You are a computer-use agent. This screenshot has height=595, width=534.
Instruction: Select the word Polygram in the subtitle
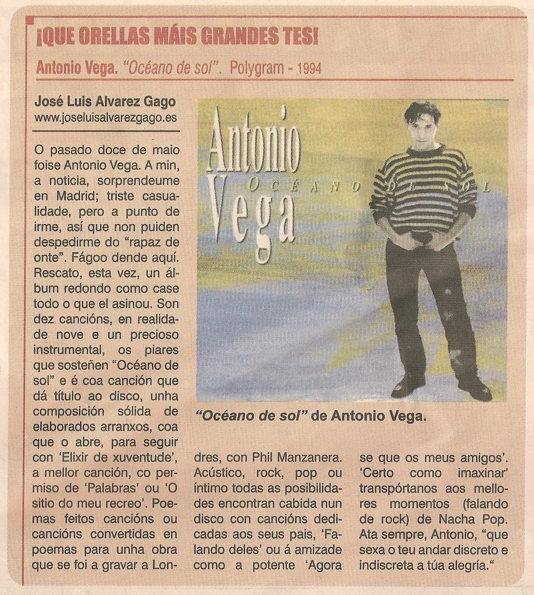click(257, 68)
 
